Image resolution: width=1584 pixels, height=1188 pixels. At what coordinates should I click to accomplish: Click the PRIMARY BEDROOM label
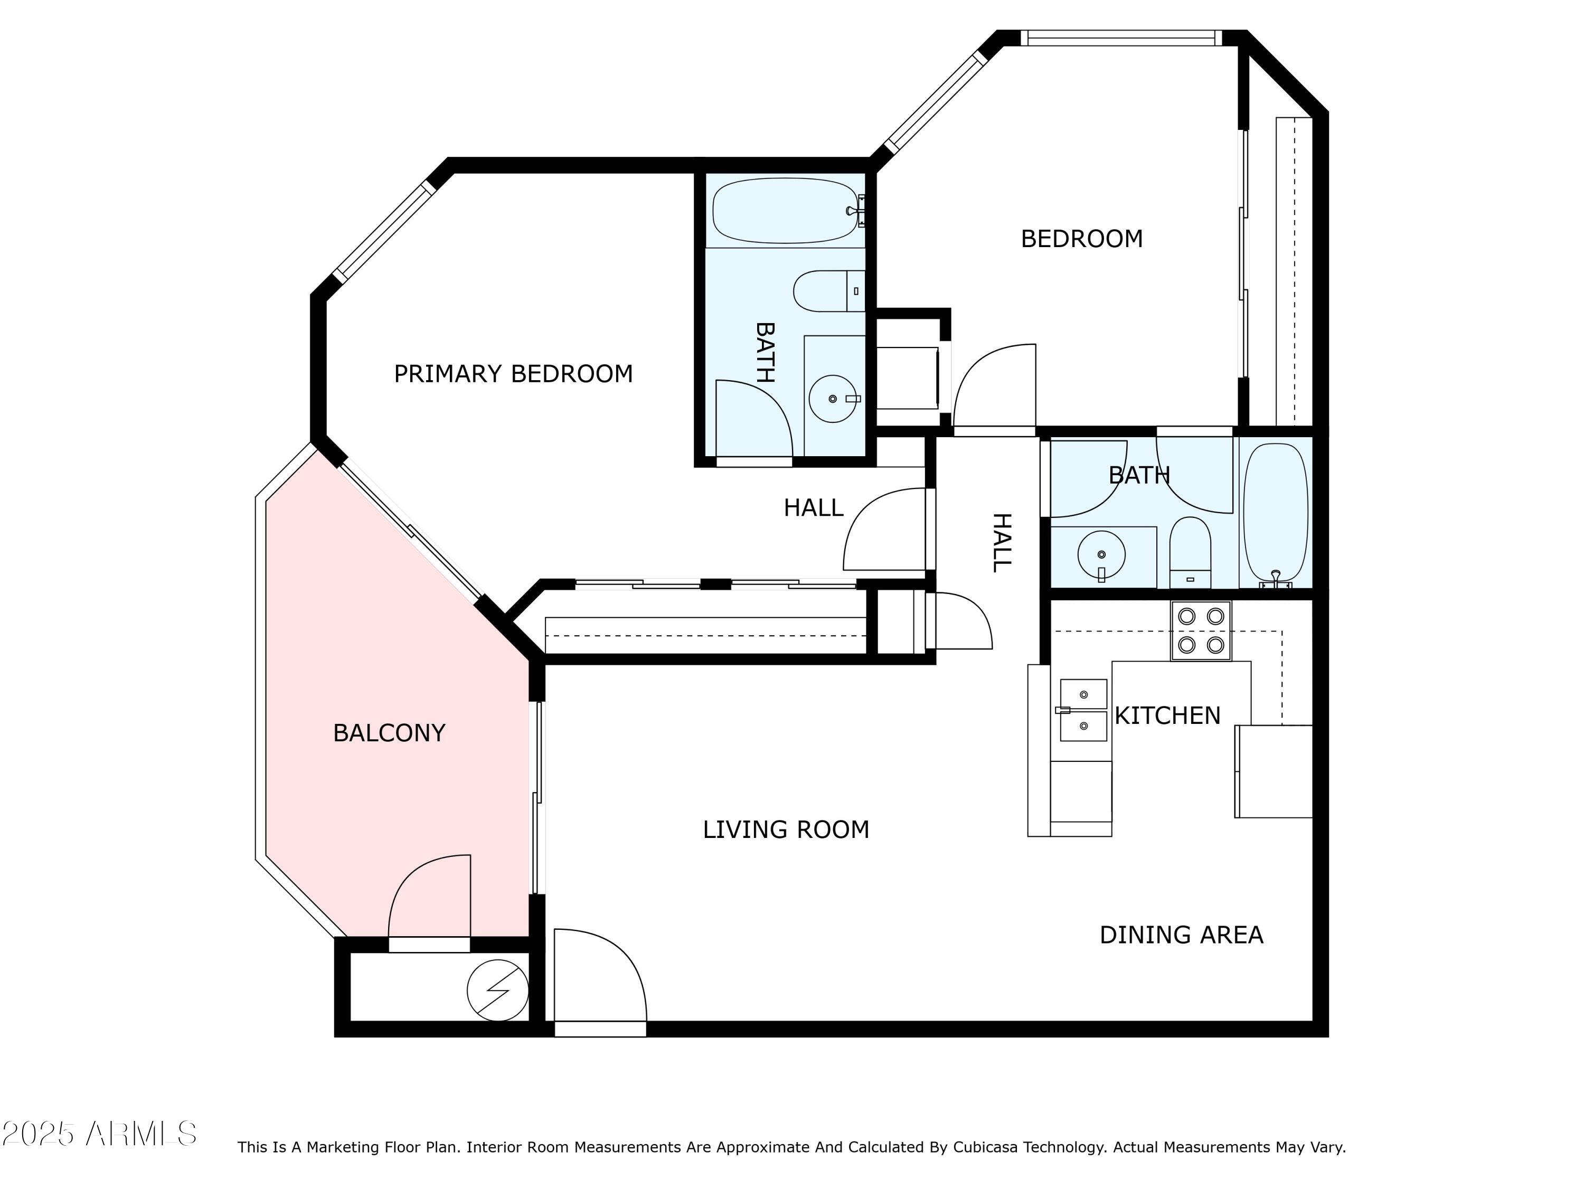tap(513, 374)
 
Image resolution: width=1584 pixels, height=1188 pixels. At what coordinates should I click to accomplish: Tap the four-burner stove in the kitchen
tap(1200, 630)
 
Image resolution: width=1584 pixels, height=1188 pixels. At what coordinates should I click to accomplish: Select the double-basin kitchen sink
tap(1083, 710)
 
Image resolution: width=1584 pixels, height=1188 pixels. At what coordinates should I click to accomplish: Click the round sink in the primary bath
tap(832, 399)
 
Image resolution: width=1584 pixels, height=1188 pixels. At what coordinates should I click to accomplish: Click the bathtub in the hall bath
tap(1275, 512)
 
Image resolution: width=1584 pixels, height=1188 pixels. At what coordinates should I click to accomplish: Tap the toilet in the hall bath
tap(1190, 551)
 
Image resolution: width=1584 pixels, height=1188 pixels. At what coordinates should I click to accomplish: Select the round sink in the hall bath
tap(1101, 554)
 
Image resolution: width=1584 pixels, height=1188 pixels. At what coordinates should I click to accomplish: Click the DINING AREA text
tap(1181, 935)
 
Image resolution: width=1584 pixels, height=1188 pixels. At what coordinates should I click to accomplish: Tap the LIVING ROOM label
tap(786, 829)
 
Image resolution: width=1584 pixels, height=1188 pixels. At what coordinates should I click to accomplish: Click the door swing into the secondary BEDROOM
tap(995, 386)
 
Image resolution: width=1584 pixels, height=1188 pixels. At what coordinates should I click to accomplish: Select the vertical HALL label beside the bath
tap(1001, 542)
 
